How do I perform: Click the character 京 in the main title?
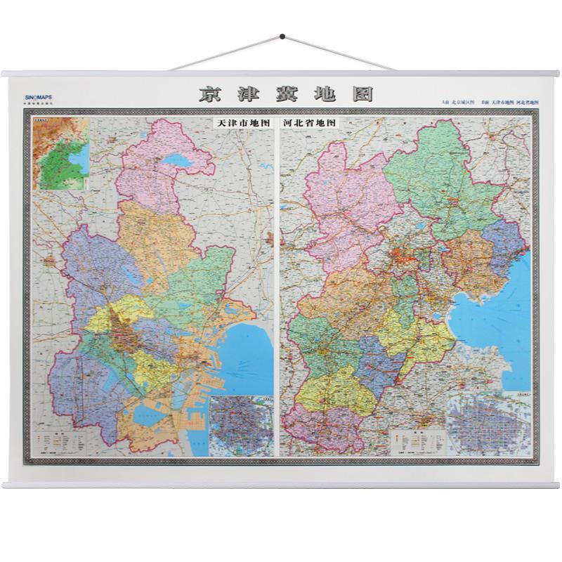tap(209, 94)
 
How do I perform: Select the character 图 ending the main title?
tap(361, 94)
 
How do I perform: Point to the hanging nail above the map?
tap(282, 36)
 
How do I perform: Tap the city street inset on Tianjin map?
tap(240, 424)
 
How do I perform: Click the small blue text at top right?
tap(490, 103)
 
